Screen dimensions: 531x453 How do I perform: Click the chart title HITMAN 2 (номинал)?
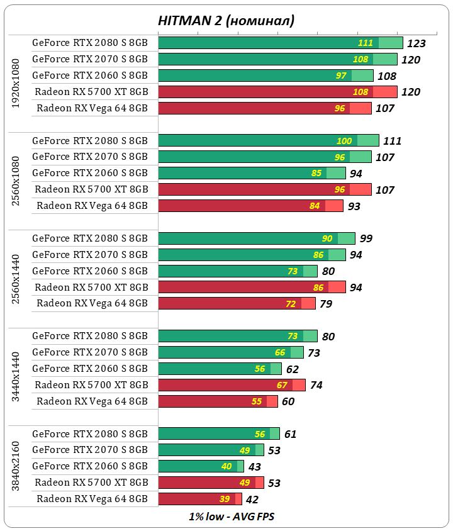[226, 21]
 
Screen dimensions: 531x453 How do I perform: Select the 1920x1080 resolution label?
[16, 84]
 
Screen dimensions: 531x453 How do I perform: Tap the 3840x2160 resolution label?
[16, 466]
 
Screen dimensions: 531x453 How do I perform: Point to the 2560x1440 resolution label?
[16, 271]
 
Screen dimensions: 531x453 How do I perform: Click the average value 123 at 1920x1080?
[417, 43]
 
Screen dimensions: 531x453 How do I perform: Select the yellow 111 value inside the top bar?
[366, 43]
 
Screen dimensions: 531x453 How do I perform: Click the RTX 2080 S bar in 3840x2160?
[218, 433]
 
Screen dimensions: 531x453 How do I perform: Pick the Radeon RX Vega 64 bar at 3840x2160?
[200, 499]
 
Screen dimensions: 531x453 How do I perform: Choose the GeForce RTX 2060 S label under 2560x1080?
[90, 173]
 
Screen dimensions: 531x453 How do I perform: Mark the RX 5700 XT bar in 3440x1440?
[232, 385]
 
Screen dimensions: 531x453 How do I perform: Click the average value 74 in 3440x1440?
[316, 385]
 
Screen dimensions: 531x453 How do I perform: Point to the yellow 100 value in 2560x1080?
[344, 141]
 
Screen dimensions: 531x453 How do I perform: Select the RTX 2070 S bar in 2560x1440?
[252, 255]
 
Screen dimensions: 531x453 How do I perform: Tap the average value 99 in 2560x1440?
[366, 238]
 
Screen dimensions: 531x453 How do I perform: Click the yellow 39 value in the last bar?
[225, 499]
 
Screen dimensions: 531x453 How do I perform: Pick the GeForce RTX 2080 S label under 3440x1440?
[90, 336]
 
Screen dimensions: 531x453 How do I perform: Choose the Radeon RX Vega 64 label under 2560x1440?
[92, 303]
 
